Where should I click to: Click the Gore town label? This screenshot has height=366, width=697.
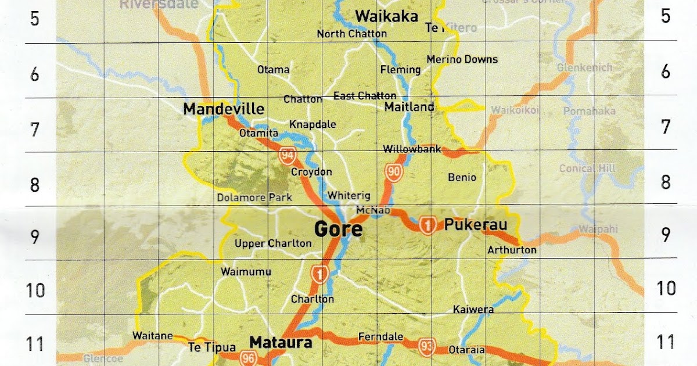(338, 229)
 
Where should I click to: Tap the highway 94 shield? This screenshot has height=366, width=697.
(287, 155)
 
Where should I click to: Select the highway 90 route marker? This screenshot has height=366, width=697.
(394, 171)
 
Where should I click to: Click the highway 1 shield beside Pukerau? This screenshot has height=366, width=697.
(428, 225)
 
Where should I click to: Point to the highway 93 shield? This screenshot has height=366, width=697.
(427, 347)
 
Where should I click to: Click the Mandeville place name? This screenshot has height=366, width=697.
(224, 109)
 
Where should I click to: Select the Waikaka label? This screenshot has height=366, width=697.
(386, 16)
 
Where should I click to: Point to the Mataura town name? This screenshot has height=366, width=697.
(281, 342)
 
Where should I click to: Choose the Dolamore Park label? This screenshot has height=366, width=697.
(254, 197)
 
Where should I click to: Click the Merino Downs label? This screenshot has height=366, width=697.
(462, 59)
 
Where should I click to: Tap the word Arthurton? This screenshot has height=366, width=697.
(512, 250)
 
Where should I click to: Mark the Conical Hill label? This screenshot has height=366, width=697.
(587, 168)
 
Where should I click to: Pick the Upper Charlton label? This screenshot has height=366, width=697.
(273, 243)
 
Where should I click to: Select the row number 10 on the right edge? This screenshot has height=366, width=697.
(666, 288)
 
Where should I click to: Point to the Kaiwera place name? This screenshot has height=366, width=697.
(473, 309)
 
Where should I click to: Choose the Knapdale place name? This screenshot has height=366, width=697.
(312, 124)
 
